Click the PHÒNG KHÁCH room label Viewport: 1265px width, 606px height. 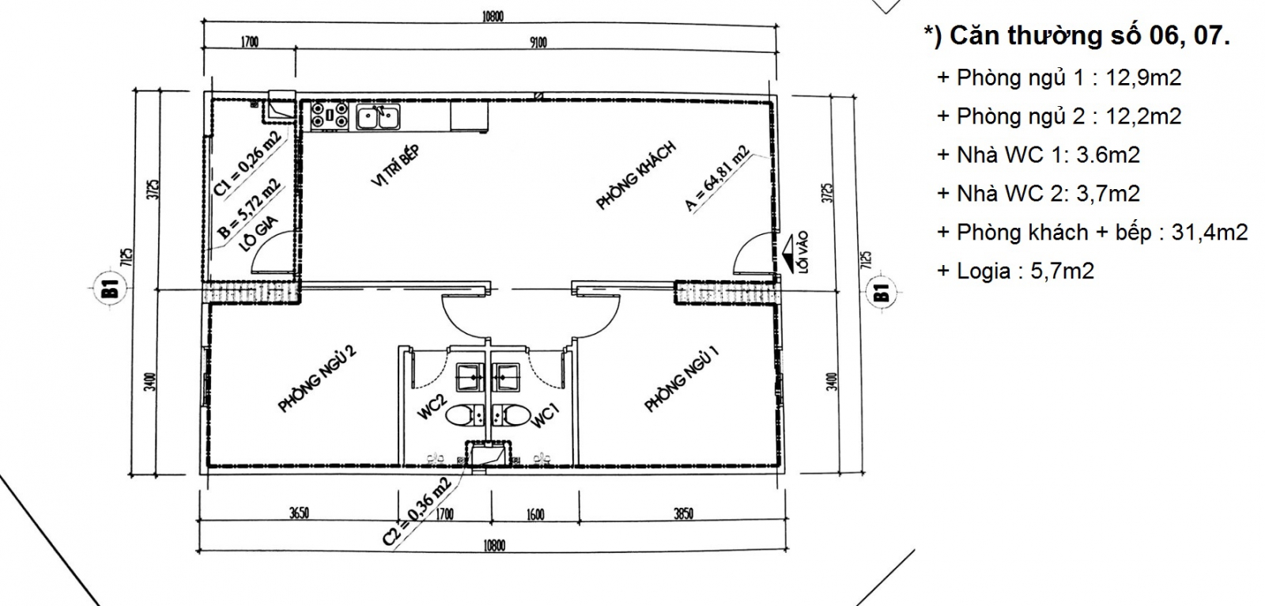tap(636, 176)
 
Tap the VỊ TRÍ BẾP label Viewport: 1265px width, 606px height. tap(396, 165)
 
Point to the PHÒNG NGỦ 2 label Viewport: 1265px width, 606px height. tap(317, 379)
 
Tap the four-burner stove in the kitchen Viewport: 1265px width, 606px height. tap(329, 115)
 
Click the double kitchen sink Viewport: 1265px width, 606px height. tap(378, 116)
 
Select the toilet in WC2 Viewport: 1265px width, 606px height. tap(465, 416)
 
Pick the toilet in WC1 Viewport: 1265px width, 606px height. tap(510, 415)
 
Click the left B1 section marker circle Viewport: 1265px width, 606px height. tap(111, 289)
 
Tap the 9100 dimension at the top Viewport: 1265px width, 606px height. tap(538, 43)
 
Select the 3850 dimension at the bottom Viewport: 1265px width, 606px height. tap(683, 514)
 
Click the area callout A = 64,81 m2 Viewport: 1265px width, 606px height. tap(716, 179)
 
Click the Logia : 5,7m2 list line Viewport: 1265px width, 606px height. tap(1016, 271)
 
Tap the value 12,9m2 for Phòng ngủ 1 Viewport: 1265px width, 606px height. tap(1143, 78)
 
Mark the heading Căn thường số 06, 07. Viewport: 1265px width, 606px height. tap(1077, 36)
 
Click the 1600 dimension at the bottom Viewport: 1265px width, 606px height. tap(535, 514)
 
